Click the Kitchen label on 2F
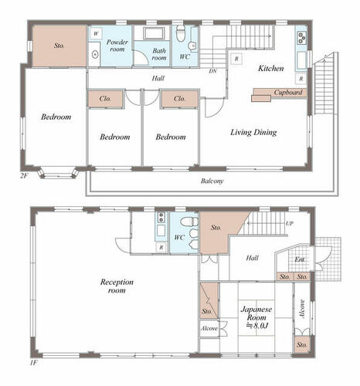coord(271,69)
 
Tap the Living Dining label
coord(253,133)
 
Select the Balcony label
coord(212,181)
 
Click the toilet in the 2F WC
coord(181,32)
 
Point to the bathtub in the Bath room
coord(154,33)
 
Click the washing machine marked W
coord(96,33)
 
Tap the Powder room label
coord(117,46)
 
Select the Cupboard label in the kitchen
coord(288,92)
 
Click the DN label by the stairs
coord(212,71)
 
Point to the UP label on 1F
coord(289,223)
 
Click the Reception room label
coord(117,286)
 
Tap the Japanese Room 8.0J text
coord(256,317)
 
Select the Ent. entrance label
coord(300,259)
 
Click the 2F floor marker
coord(24,176)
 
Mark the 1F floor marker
coord(34,363)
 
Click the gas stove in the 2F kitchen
coord(301,38)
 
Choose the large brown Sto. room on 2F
coord(59,46)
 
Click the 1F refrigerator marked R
coord(161,248)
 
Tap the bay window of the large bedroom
coord(58,173)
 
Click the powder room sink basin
coord(95,55)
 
